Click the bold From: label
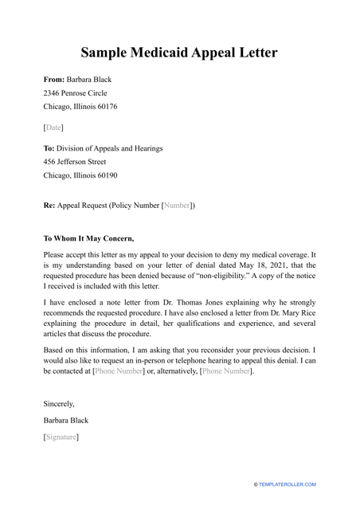point(55,80)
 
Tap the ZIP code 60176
point(105,107)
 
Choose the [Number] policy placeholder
point(177,206)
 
